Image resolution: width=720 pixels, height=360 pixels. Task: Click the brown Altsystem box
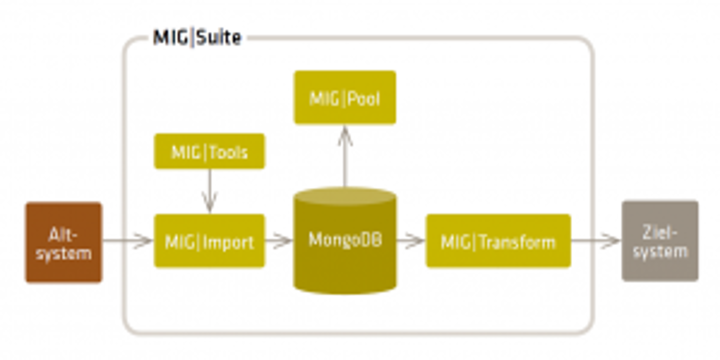(x=64, y=242)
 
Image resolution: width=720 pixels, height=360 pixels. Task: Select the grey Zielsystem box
(x=660, y=241)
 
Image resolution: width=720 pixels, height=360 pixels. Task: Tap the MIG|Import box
(x=209, y=241)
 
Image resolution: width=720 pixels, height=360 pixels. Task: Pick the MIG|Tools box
(x=209, y=152)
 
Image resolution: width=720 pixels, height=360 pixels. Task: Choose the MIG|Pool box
(x=345, y=98)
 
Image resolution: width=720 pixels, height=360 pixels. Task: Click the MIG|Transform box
(x=498, y=241)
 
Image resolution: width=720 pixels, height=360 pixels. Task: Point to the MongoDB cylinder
(x=345, y=246)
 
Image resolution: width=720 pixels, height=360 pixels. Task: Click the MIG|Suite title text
(x=197, y=38)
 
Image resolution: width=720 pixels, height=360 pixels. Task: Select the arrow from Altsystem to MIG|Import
(x=127, y=241)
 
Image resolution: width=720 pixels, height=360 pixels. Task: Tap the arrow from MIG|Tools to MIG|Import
(x=209, y=191)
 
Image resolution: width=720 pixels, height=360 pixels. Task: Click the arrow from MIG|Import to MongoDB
(x=279, y=241)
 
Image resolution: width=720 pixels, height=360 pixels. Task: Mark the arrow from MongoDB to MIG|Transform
(x=410, y=241)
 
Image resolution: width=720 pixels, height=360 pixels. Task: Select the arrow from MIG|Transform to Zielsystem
(x=595, y=241)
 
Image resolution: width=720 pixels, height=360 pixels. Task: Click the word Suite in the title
(x=219, y=38)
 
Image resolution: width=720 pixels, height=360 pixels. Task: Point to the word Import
(x=228, y=243)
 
